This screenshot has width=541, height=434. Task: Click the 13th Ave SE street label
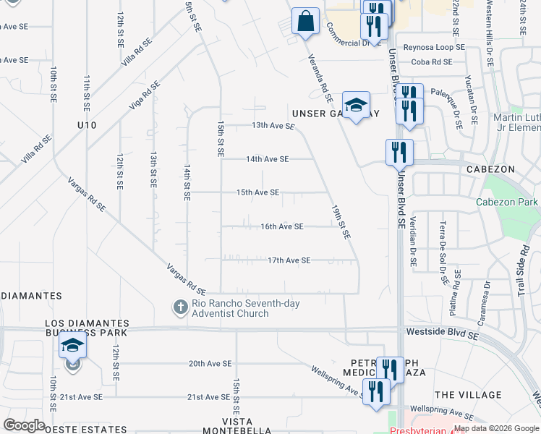(273, 126)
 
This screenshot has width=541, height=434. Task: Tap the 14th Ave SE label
(267, 159)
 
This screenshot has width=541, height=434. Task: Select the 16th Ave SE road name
(281, 226)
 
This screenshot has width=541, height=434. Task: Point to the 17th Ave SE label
(289, 260)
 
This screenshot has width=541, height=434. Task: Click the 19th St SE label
(341, 221)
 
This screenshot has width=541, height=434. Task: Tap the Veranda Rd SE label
(319, 77)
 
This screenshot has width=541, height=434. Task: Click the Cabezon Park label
(507, 202)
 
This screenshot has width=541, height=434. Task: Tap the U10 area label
(87, 125)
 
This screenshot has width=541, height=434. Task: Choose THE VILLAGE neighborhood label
(468, 395)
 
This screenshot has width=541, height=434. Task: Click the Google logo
(24, 425)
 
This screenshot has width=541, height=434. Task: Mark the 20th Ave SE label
(210, 364)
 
